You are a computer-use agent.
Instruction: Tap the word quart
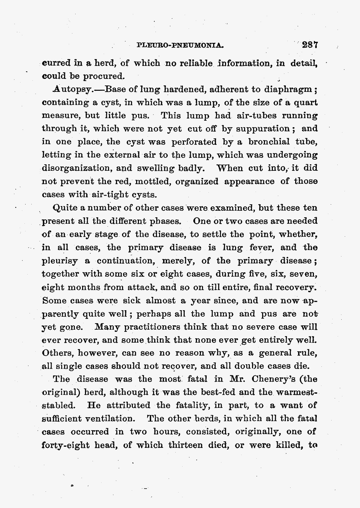click(306, 103)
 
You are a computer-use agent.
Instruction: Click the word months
click(84, 288)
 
